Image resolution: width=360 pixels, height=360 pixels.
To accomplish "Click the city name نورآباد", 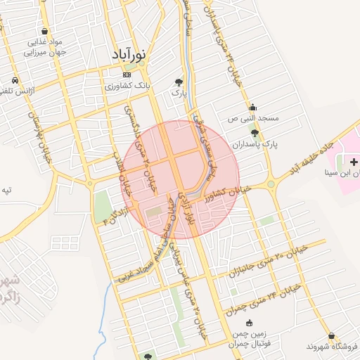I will point(131,54).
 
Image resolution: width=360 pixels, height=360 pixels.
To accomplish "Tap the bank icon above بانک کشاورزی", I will point(127,75).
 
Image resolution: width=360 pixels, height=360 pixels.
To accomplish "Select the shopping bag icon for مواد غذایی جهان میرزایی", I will point(46,32).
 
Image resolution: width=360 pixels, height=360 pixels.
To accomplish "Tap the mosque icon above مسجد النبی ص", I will point(252,108).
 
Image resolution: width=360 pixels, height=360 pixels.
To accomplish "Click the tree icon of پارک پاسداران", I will point(254,132).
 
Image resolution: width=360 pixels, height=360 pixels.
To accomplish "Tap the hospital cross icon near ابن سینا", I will point(353,162).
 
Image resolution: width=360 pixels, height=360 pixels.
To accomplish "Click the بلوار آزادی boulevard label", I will point(186,208).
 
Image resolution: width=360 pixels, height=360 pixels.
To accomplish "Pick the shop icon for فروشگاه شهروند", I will point(330,336).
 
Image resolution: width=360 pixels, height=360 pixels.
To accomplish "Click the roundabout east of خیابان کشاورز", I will point(271,185).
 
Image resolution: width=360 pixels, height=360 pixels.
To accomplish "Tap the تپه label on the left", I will point(6,190).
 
